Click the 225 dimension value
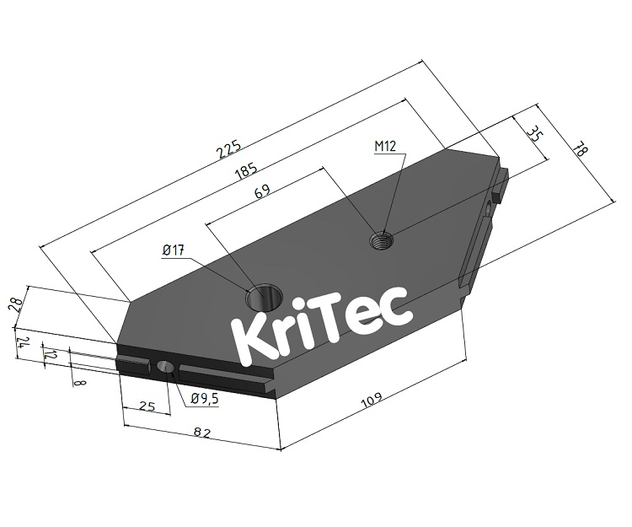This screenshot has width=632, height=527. click(x=229, y=148)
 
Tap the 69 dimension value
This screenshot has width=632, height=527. click(x=263, y=192)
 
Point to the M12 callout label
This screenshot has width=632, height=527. click(x=385, y=146)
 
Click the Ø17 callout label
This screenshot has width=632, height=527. click(x=174, y=250)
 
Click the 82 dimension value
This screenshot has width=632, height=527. click(x=201, y=433)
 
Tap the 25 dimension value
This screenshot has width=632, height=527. click(x=147, y=406)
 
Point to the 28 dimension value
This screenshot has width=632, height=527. click(x=14, y=304)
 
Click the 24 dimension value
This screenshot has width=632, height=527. click(x=24, y=344)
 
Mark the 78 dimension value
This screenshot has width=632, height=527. click(x=578, y=149)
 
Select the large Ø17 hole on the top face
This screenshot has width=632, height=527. click(x=261, y=298)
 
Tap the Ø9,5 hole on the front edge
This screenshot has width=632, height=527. click(x=165, y=368)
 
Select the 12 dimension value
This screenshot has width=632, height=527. click(x=51, y=357)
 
